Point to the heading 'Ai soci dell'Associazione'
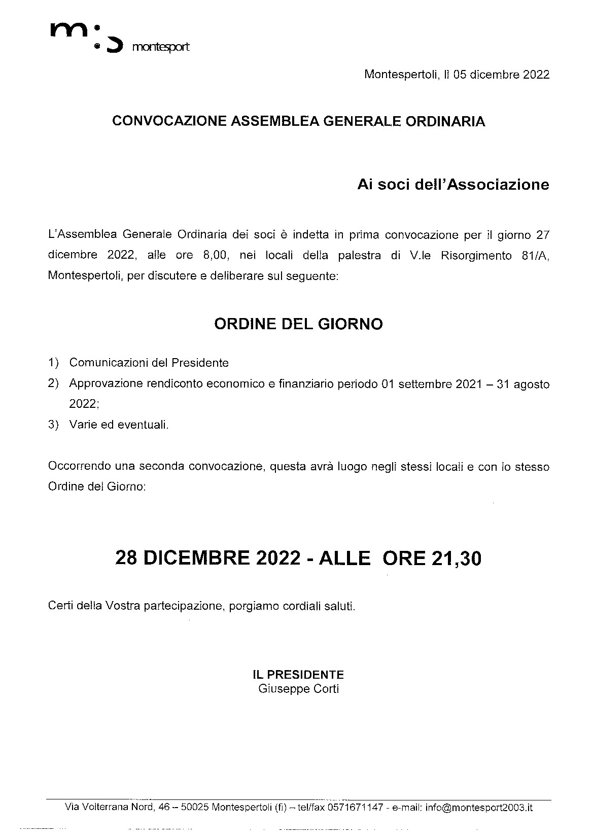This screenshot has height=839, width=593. point(453,184)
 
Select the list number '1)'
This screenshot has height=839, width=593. point(53,363)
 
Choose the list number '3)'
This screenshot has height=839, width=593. point(53,425)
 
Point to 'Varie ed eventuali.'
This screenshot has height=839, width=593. point(119,425)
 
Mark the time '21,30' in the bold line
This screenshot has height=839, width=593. point(456,558)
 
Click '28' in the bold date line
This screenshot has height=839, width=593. point(127,558)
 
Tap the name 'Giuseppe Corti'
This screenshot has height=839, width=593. point(298,688)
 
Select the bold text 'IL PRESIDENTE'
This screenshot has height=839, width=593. point(298,675)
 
